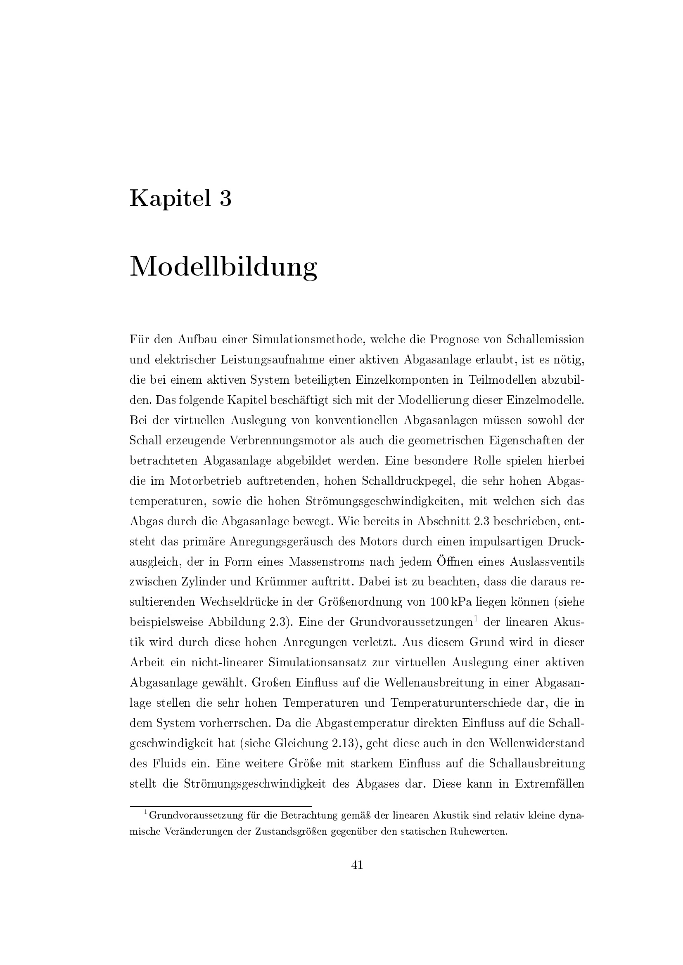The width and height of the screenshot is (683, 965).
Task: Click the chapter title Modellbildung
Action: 223,267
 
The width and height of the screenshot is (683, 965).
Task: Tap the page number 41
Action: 357,865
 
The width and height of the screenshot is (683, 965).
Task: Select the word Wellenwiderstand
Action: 536,743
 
